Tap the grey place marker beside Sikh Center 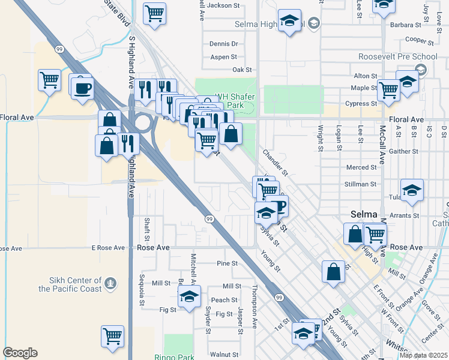(x=109, y=283)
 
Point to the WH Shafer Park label (x=231, y=100)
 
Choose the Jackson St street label (x=223, y=5)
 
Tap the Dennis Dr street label (x=223, y=44)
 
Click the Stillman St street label (x=360, y=184)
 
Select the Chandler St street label (x=276, y=163)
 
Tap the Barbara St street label (x=405, y=25)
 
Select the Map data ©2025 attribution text (x=423, y=355)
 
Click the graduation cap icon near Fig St (x=189, y=296)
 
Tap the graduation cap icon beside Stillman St (x=412, y=190)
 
